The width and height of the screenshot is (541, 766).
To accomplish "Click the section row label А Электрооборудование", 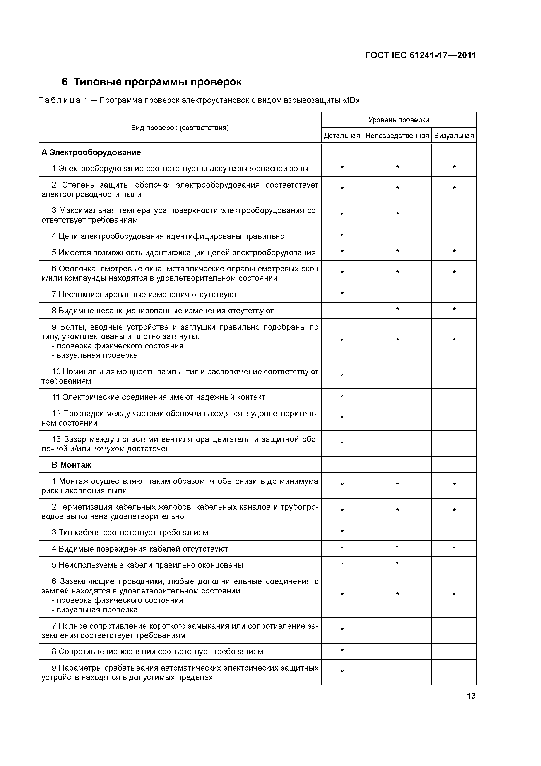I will (x=91, y=152).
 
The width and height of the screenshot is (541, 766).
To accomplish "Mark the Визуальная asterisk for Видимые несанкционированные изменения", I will (x=454, y=310).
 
